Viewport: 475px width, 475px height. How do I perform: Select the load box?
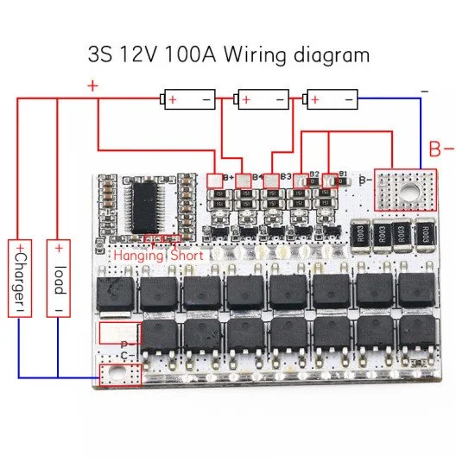(x=57, y=282)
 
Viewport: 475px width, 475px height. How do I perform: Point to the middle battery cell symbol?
(x=263, y=100)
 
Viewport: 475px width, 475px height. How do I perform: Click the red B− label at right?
(x=441, y=149)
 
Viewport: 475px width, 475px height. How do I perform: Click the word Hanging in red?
(x=137, y=255)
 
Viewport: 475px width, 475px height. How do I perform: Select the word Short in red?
(x=187, y=255)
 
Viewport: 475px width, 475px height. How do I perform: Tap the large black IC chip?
(x=144, y=206)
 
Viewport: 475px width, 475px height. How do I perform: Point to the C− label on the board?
(x=126, y=356)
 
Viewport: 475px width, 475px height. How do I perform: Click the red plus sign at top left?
(x=92, y=86)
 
